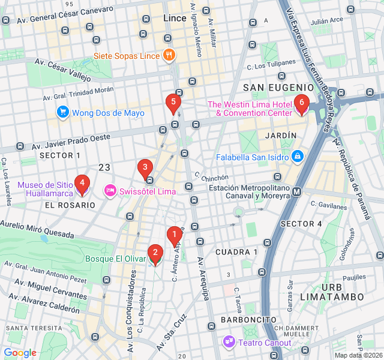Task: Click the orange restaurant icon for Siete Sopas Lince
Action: tap(169, 56)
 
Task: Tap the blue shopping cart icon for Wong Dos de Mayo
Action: tap(62, 112)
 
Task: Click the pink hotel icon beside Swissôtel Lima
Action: tap(110, 191)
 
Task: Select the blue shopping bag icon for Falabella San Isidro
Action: tap(297, 157)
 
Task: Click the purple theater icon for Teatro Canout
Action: tap(229, 342)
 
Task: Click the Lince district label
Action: tap(175, 19)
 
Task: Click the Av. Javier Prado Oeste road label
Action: tap(71, 140)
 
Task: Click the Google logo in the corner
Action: tap(20, 353)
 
